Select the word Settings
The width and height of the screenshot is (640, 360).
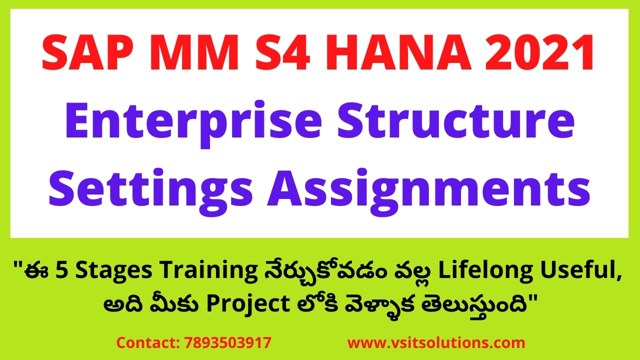[152, 189]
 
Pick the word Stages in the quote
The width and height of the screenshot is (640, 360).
[100, 274]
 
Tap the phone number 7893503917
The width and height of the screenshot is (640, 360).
[228, 343]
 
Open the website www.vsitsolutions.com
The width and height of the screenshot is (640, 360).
[436, 343]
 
